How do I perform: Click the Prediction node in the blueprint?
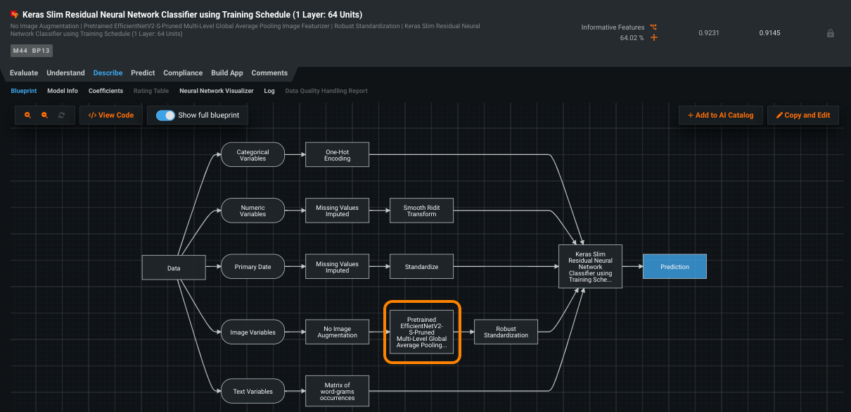[x=674, y=267]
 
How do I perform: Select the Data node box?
[x=174, y=268]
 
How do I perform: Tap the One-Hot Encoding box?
[x=337, y=156]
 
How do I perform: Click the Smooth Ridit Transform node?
[x=421, y=211]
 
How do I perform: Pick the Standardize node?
[x=421, y=268]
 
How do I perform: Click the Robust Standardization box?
[x=506, y=332]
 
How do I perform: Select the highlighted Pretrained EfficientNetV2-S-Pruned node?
[x=421, y=332]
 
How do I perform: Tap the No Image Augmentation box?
[x=337, y=332]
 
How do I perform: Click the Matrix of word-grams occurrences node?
[x=337, y=392]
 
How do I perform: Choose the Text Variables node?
[x=252, y=392]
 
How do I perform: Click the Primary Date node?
[x=252, y=268]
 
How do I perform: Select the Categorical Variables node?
[x=252, y=156]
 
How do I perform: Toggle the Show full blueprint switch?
[x=165, y=116]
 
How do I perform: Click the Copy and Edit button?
[x=802, y=116]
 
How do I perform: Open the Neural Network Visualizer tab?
[x=216, y=91]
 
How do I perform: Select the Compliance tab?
[x=183, y=73]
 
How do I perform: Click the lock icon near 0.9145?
[x=831, y=33]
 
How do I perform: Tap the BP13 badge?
[x=41, y=51]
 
